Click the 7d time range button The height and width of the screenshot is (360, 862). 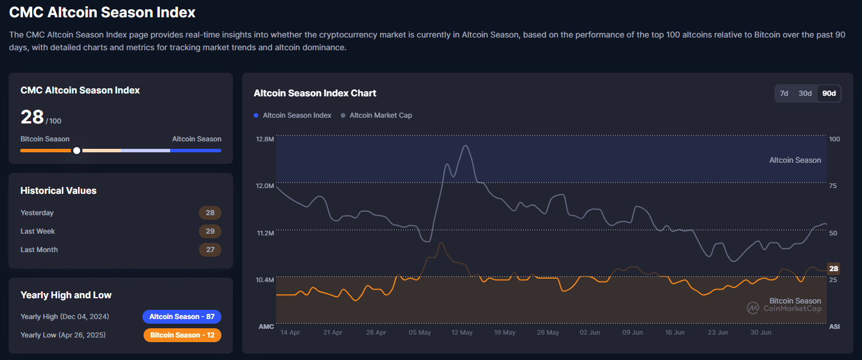point(784,93)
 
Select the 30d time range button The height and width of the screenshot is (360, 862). point(805,93)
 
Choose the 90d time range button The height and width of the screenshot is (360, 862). point(829,93)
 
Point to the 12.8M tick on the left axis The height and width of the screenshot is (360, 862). point(266,139)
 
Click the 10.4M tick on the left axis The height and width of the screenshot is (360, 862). point(266,280)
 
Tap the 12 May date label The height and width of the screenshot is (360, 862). point(462,333)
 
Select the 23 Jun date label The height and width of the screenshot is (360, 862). point(717,333)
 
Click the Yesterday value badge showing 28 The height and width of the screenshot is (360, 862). point(210,213)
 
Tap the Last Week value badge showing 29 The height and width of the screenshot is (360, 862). point(210,231)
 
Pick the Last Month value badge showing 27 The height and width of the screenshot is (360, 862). point(210,250)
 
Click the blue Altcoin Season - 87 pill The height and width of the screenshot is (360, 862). point(182,317)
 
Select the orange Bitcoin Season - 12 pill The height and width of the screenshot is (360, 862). point(182,335)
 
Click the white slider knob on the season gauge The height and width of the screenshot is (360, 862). point(77,151)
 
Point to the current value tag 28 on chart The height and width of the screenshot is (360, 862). point(834,269)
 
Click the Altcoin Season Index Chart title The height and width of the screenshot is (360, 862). point(315,93)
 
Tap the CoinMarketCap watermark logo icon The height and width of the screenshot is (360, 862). point(753,308)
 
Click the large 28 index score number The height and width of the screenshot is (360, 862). point(32,117)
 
